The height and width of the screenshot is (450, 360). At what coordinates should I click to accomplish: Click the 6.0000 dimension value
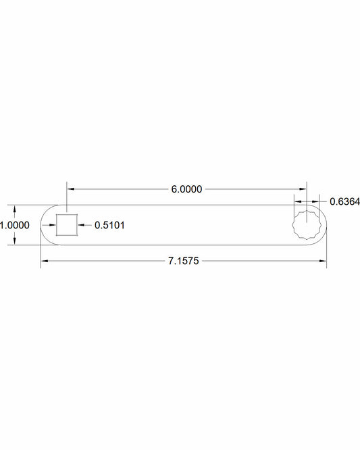(x=186, y=190)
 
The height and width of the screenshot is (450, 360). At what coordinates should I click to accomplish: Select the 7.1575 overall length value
(x=184, y=260)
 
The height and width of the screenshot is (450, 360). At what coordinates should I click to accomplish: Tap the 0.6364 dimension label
(x=344, y=201)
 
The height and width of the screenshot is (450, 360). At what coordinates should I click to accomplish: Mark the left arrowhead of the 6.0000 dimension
(x=70, y=190)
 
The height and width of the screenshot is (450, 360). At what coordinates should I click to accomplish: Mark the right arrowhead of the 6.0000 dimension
(x=303, y=190)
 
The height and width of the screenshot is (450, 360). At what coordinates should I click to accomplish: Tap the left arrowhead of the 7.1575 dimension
(x=45, y=260)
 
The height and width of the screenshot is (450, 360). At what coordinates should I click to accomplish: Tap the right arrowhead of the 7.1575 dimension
(x=324, y=260)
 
